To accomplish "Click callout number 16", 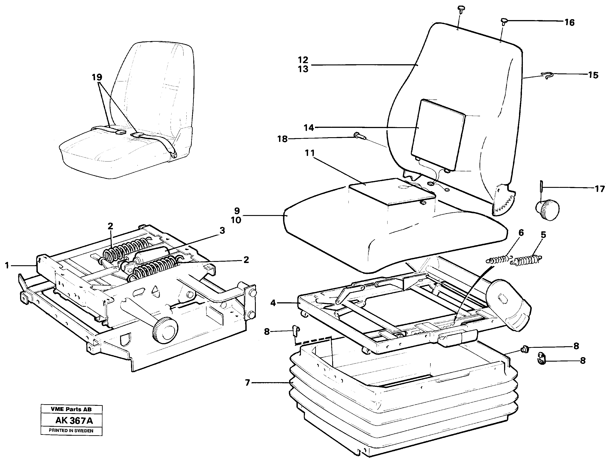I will tap(569, 22).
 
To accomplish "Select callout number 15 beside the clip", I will tap(593, 75).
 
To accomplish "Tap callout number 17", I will tap(600, 189).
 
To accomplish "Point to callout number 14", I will tap(309, 128).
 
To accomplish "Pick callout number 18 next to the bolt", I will tap(282, 139).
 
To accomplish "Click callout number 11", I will tap(310, 153).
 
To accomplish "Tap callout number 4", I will tap(273, 303).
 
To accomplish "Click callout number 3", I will tap(222, 230).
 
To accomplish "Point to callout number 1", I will tap(7, 266).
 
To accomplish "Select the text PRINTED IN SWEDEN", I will tap(71, 431).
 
